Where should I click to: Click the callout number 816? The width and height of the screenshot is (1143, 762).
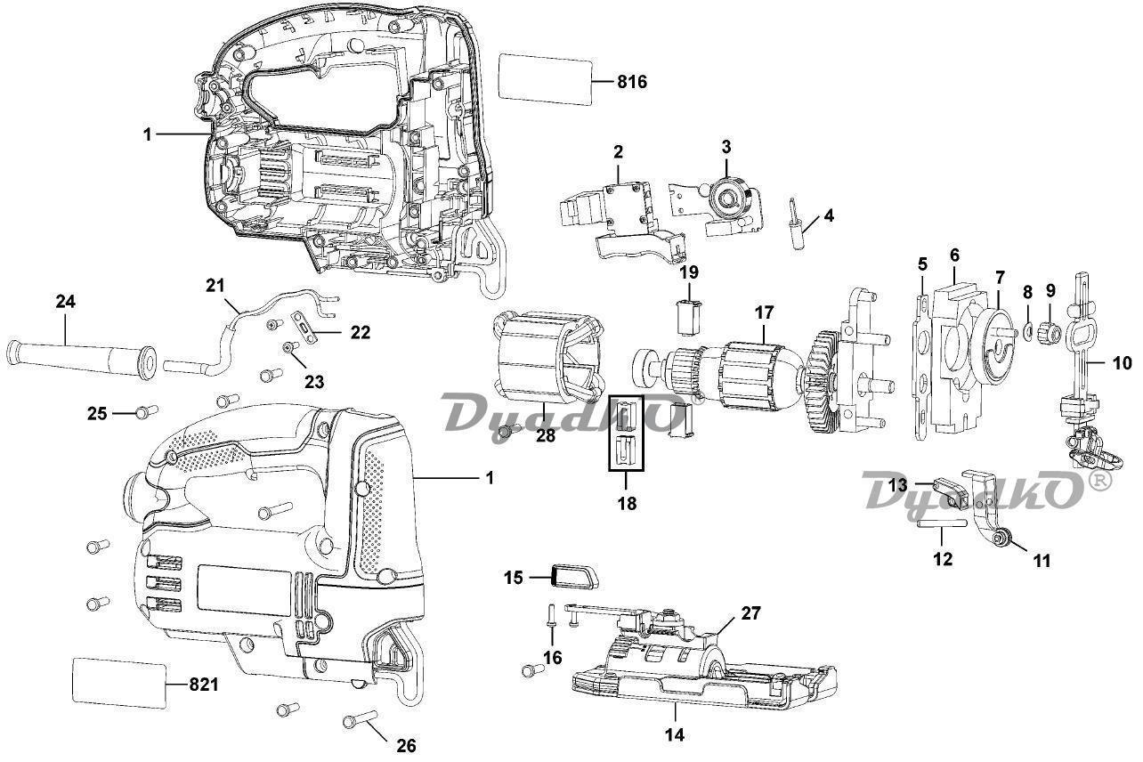click(632, 82)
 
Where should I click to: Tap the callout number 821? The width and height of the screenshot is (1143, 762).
click(204, 685)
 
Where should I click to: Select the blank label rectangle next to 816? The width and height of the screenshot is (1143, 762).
click(545, 79)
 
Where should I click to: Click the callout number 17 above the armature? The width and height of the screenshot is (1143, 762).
click(765, 312)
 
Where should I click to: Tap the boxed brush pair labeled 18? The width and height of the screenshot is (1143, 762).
click(626, 433)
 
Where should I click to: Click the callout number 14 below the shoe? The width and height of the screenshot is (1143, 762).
click(675, 735)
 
